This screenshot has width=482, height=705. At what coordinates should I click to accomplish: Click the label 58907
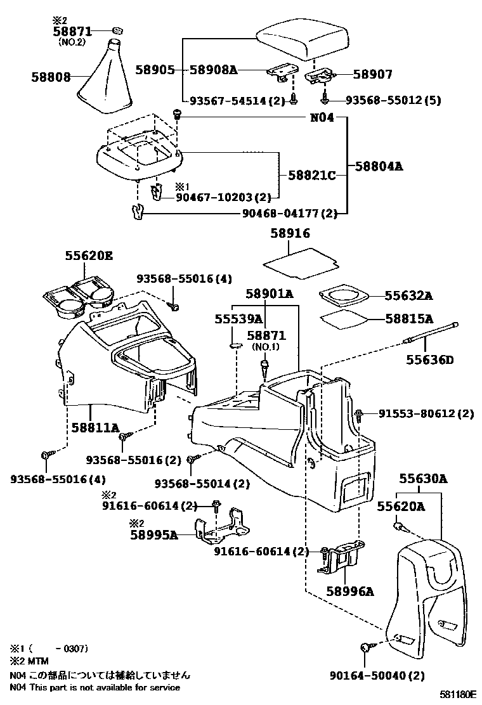click(372, 74)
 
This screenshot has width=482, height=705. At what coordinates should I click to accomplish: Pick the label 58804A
click(379, 167)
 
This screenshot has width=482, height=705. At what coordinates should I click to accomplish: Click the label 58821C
click(311, 174)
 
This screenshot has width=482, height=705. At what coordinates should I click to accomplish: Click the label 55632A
click(408, 295)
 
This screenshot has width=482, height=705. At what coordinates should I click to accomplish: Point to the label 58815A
click(408, 318)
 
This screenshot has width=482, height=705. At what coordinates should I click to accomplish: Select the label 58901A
click(270, 294)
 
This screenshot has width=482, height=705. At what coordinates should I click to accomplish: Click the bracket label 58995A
click(153, 534)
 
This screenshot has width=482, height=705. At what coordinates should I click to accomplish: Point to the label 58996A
click(349, 592)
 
